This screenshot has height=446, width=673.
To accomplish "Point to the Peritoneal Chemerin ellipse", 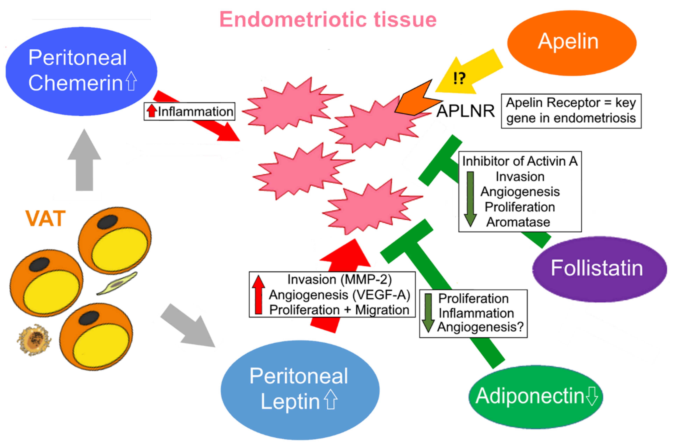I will point(81,71).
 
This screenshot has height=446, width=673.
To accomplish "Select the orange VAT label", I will point(45,218).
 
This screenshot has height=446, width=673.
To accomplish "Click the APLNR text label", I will point(466,111).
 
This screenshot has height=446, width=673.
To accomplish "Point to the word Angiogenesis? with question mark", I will point(480,327).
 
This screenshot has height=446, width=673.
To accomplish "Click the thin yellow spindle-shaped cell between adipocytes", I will point(117,283).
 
